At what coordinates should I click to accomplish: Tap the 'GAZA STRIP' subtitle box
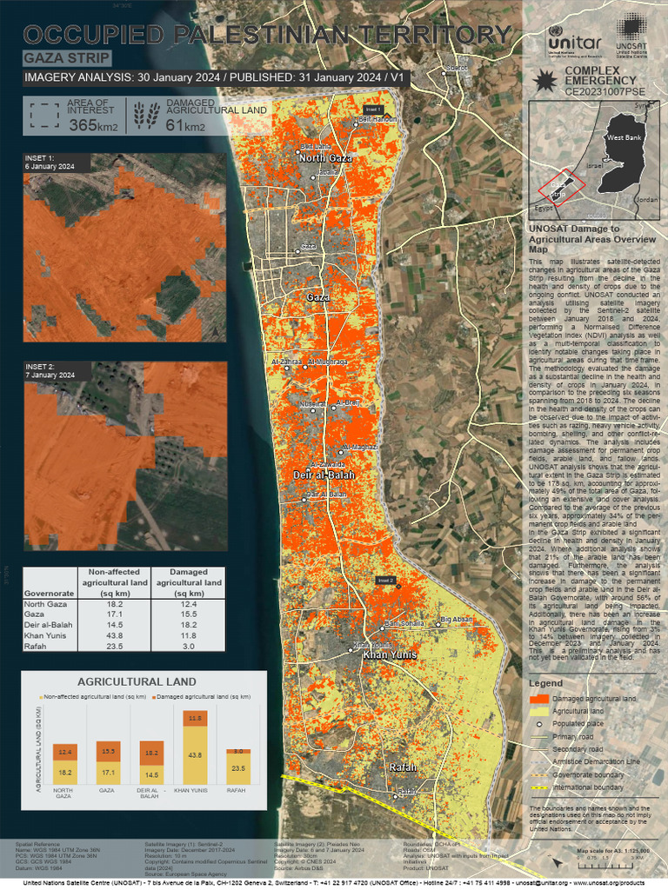coord(67,58)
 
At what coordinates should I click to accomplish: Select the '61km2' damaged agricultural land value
coord(185,126)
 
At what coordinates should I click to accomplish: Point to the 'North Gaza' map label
coord(325,159)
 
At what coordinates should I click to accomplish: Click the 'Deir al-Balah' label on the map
coord(325,475)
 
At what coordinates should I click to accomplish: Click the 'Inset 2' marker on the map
coord(386,580)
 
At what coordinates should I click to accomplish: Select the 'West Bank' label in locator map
coord(624,138)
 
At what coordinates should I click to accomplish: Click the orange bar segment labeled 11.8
coord(195,718)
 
